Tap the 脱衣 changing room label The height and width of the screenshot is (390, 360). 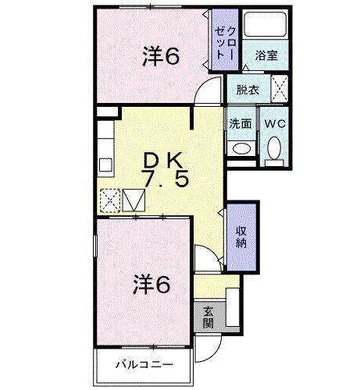[248, 90]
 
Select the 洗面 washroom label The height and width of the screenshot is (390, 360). [240, 123]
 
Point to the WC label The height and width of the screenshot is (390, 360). [273, 123]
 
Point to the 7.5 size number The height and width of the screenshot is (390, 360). [164, 179]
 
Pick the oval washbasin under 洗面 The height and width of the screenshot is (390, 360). [240, 147]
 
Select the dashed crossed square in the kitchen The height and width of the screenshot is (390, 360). [109, 202]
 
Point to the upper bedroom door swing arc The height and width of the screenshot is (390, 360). [205, 93]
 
